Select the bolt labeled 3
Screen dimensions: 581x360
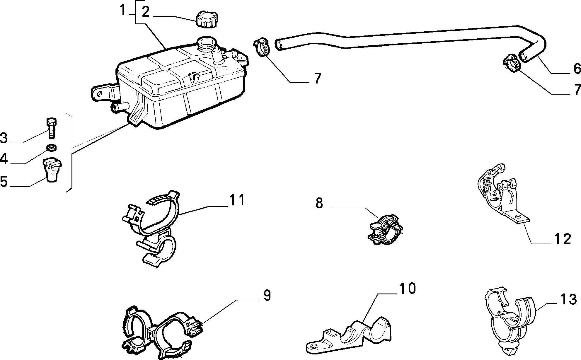tap(51, 128)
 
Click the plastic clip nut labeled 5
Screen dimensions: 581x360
tap(52, 169)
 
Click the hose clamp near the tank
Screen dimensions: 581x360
tap(261, 47)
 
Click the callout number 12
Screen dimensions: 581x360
tap(563, 239)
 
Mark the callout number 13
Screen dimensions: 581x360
tap(568, 299)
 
